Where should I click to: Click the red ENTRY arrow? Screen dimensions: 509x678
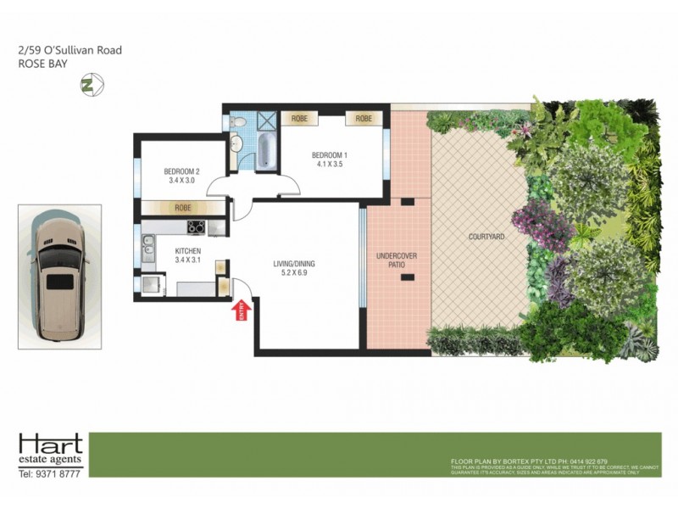(x=239, y=311)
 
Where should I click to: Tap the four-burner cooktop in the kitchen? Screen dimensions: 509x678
(x=195, y=227)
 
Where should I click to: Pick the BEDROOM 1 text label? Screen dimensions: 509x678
(x=330, y=154)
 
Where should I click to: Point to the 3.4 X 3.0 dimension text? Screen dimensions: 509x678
(x=180, y=181)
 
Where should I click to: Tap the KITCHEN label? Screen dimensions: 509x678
(x=187, y=252)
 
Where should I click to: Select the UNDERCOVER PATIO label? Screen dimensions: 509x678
(x=391, y=260)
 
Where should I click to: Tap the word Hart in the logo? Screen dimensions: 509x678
(x=51, y=444)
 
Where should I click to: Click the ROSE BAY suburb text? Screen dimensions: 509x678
(x=44, y=64)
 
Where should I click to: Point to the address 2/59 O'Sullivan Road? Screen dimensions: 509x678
(x=69, y=50)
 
